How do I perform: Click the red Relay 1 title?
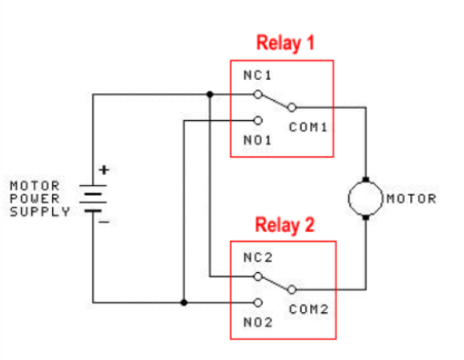click(285, 43)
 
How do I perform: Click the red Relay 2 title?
click(285, 225)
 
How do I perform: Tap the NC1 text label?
click(257, 76)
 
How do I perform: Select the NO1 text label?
click(257, 140)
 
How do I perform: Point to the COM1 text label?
click(308, 127)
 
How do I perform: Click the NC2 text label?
click(258, 257)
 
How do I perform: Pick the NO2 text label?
click(258, 323)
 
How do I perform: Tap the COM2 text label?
click(308, 310)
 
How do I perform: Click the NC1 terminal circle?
click(258, 95)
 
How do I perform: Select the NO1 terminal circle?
click(258, 121)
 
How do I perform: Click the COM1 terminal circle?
click(292, 108)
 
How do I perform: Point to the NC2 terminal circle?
click(258, 277)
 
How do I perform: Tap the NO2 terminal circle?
click(258, 303)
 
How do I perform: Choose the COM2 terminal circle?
click(292, 290)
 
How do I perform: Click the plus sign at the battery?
click(104, 170)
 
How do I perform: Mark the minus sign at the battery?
click(104, 222)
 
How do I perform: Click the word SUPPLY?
click(40, 211)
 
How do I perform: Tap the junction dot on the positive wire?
click(209, 95)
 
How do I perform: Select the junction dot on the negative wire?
click(183, 303)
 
